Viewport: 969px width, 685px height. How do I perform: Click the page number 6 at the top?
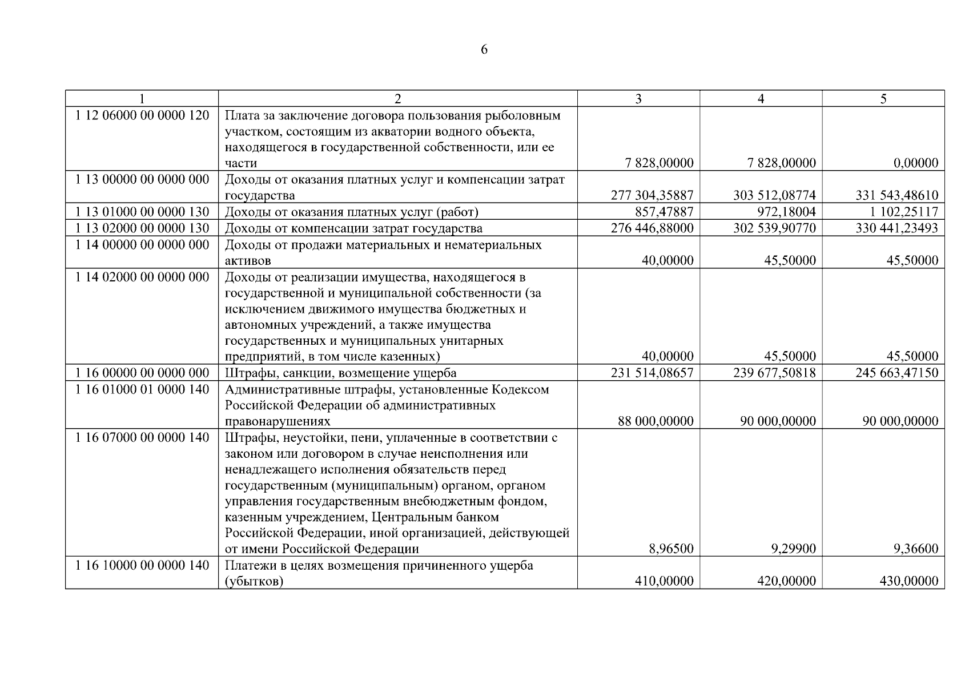click(484, 50)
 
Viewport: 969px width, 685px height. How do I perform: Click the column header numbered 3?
click(638, 99)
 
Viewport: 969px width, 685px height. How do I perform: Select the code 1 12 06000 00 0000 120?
click(142, 115)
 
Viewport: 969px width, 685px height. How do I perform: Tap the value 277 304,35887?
click(652, 196)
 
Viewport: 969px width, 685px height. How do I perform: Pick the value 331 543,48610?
click(896, 196)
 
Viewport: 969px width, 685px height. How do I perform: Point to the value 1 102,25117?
click(904, 212)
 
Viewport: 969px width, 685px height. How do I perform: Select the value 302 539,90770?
click(774, 228)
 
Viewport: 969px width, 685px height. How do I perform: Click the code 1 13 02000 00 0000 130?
click(142, 228)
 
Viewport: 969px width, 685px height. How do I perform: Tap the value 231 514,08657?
click(652, 373)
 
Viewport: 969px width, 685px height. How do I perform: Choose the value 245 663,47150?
click(896, 373)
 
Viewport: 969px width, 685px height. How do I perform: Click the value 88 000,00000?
click(656, 421)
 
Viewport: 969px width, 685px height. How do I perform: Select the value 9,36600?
click(916, 549)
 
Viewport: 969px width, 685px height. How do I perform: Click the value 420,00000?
click(786, 581)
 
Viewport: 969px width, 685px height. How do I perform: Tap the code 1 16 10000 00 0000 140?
click(142, 565)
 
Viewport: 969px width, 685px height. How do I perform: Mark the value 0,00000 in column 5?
click(916, 163)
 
